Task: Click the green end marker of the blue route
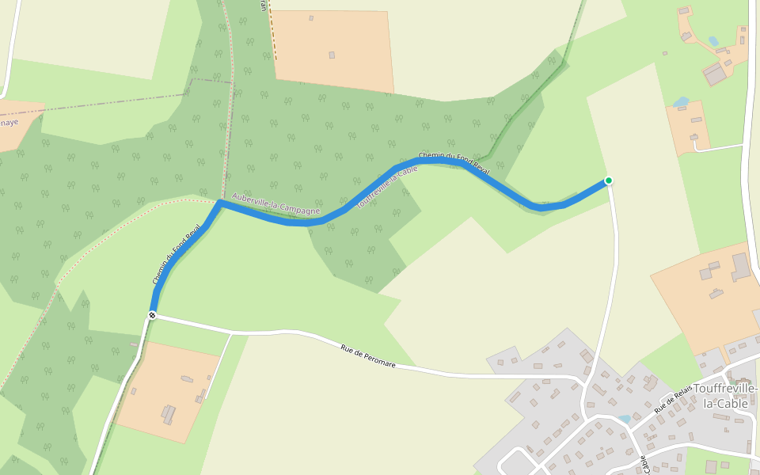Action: (x=608, y=180)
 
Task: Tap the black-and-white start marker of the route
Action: (x=152, y=315)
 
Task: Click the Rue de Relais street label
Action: (x=673, y=399)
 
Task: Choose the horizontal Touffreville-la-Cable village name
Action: (x=725, y=396)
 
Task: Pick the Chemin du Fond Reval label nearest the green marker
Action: (x=454, y=162)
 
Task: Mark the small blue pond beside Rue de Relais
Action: (x=625, y=418)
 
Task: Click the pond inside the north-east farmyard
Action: (x=713, y=41)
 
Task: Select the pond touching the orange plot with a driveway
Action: (x=680, y=101)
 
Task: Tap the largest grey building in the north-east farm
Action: (x=716, y=74)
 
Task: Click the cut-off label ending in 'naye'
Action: (x=8, y=123)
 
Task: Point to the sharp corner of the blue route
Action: (x=219, y=203)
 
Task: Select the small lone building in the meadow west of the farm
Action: (x=665, y=53)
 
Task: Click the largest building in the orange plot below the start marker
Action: (x=169, y=413)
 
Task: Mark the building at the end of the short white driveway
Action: (x=694, y=138)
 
